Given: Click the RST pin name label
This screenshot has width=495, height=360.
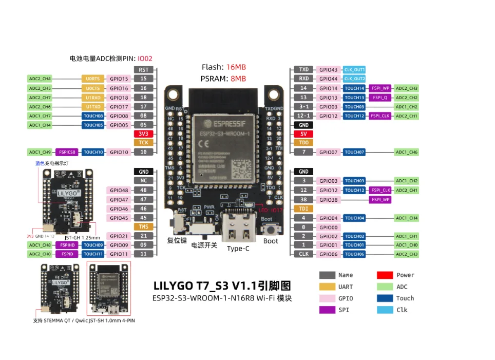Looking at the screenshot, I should [x=144, y=69].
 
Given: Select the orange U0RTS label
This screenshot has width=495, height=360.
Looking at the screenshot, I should [x=93, y=79].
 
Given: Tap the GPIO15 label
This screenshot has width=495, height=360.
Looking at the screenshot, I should [x=119, y=79].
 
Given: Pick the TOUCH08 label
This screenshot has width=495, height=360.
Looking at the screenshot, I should [x=93, y=116].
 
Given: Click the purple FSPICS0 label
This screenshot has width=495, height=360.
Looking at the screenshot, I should [x=67, y=153].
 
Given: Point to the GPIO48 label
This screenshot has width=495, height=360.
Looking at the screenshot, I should [x=119, y=191].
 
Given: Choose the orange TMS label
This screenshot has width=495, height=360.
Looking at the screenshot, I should [x=144, y=227].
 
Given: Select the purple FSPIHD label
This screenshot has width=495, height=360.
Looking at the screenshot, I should [x=67, y=245].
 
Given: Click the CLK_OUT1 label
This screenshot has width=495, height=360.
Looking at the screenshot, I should [x=354, y=69].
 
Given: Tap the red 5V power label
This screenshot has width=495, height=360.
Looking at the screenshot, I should [x=303, y=134].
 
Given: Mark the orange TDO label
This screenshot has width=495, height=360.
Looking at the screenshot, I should [x=303, y=143].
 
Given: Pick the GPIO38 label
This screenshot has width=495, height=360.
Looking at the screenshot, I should [x=329, y=200].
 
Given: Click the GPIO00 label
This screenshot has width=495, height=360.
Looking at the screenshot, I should [x=329, y=227].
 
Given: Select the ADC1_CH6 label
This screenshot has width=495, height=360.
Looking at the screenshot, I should [x=406, y=153].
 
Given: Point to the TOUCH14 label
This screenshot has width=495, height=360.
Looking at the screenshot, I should [x=354, y=88].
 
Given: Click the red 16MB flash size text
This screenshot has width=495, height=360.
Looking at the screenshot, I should [x=236, y=67].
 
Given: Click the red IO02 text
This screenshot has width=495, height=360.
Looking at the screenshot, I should [x=145, y=59].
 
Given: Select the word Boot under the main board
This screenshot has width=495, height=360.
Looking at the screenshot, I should [x=271, y=241].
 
